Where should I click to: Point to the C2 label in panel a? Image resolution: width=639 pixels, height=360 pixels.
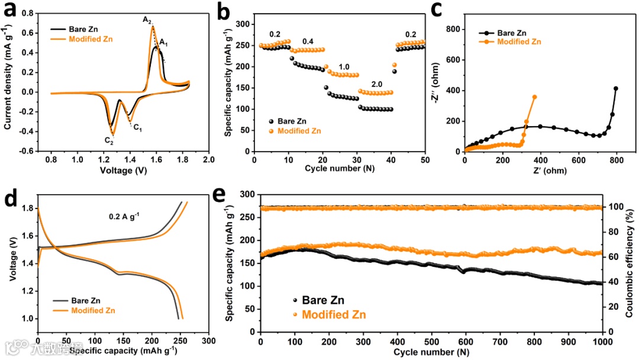[x=108, y=141]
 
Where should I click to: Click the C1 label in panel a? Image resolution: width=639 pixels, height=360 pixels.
[x=137, y=126]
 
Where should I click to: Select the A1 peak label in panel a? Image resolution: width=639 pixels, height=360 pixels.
[x=164, y=42]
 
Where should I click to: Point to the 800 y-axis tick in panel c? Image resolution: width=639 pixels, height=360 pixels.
[x=454, y=29]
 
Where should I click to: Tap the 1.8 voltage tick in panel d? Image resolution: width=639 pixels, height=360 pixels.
[x=27, y=208]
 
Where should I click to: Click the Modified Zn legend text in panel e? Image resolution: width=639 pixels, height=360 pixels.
[x=334, y=314]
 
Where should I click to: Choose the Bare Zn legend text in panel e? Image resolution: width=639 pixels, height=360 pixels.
[x=323, y=300]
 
